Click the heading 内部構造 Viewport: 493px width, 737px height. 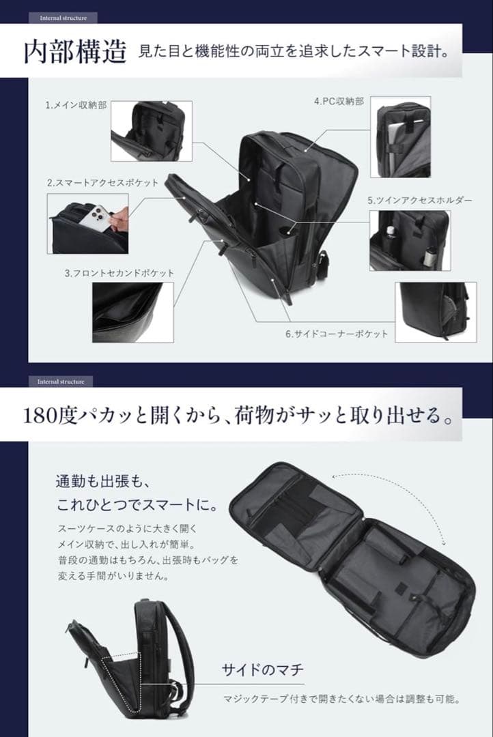[x=74, y=53]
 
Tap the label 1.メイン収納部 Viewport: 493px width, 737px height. [x=76, y=106]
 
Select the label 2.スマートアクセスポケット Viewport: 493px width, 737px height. [x=102, y=183]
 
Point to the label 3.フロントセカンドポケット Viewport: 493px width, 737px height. [x=119, y=273]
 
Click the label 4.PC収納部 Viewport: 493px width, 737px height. [x=339, y=101]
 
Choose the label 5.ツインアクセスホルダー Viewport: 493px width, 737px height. [x=419, y=201]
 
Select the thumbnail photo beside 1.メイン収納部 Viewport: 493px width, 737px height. [x=151, y=131]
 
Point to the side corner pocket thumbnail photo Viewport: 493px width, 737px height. [x=436, y=311]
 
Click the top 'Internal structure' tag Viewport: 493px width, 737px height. [x=64, y=18]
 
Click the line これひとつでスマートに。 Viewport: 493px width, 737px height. [x=137, y=506]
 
